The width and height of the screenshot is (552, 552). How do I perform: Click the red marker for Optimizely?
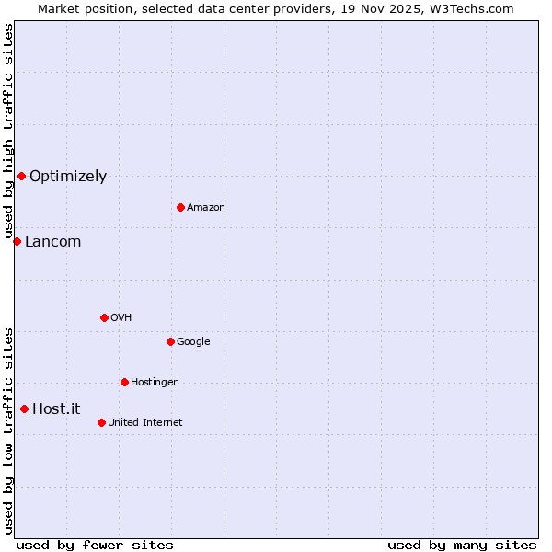pos(21,176)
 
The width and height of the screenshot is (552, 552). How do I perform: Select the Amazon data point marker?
pos(180,207)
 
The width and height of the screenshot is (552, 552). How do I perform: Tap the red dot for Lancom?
pos(17,241)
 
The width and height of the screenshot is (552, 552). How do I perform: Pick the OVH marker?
pos(104,317)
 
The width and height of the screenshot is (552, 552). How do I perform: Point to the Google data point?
pos(170,341)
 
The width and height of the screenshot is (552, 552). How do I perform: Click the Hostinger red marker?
pos(124,382)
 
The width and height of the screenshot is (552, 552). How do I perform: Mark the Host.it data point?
pos(24,408)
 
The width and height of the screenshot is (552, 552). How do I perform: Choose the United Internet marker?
pos(101,422)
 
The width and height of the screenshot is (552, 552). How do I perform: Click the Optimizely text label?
pos(68,177)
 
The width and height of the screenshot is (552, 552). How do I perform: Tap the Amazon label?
pos(206,208)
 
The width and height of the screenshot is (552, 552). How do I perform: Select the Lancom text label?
pos(52,242)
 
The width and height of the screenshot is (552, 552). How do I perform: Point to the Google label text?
pos(193,342)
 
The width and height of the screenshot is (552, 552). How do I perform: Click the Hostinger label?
pos(154,383)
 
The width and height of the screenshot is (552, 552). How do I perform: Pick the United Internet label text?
pos(145,423)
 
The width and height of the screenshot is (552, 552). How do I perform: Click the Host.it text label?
pos(56,409)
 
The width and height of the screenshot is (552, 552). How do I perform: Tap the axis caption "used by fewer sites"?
pos(95,545)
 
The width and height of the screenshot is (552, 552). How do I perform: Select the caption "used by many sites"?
pos(462,545)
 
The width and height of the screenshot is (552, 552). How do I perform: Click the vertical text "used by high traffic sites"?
pos(8,131)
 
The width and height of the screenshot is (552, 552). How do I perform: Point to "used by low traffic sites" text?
pos(8,430)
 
